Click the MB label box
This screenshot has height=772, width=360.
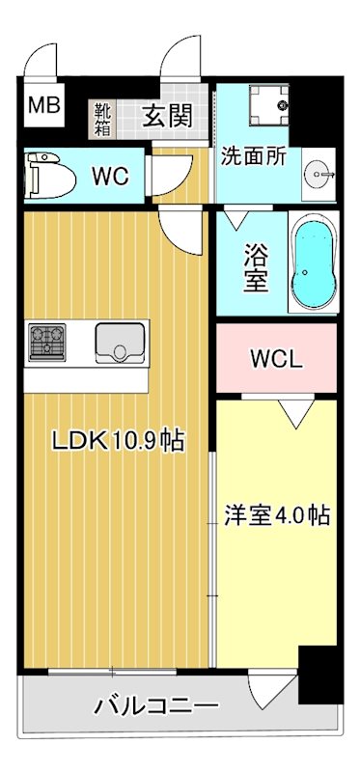42,105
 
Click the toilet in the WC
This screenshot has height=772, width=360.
44,175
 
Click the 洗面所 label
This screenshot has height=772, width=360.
253,156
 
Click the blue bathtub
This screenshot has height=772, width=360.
313,263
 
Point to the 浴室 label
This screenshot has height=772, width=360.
255,267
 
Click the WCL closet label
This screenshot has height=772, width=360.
277,359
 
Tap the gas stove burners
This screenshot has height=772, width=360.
45,341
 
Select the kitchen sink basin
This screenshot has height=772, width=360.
120,341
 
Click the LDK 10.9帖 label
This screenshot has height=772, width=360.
118,442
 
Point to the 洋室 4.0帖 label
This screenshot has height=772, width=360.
277,514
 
